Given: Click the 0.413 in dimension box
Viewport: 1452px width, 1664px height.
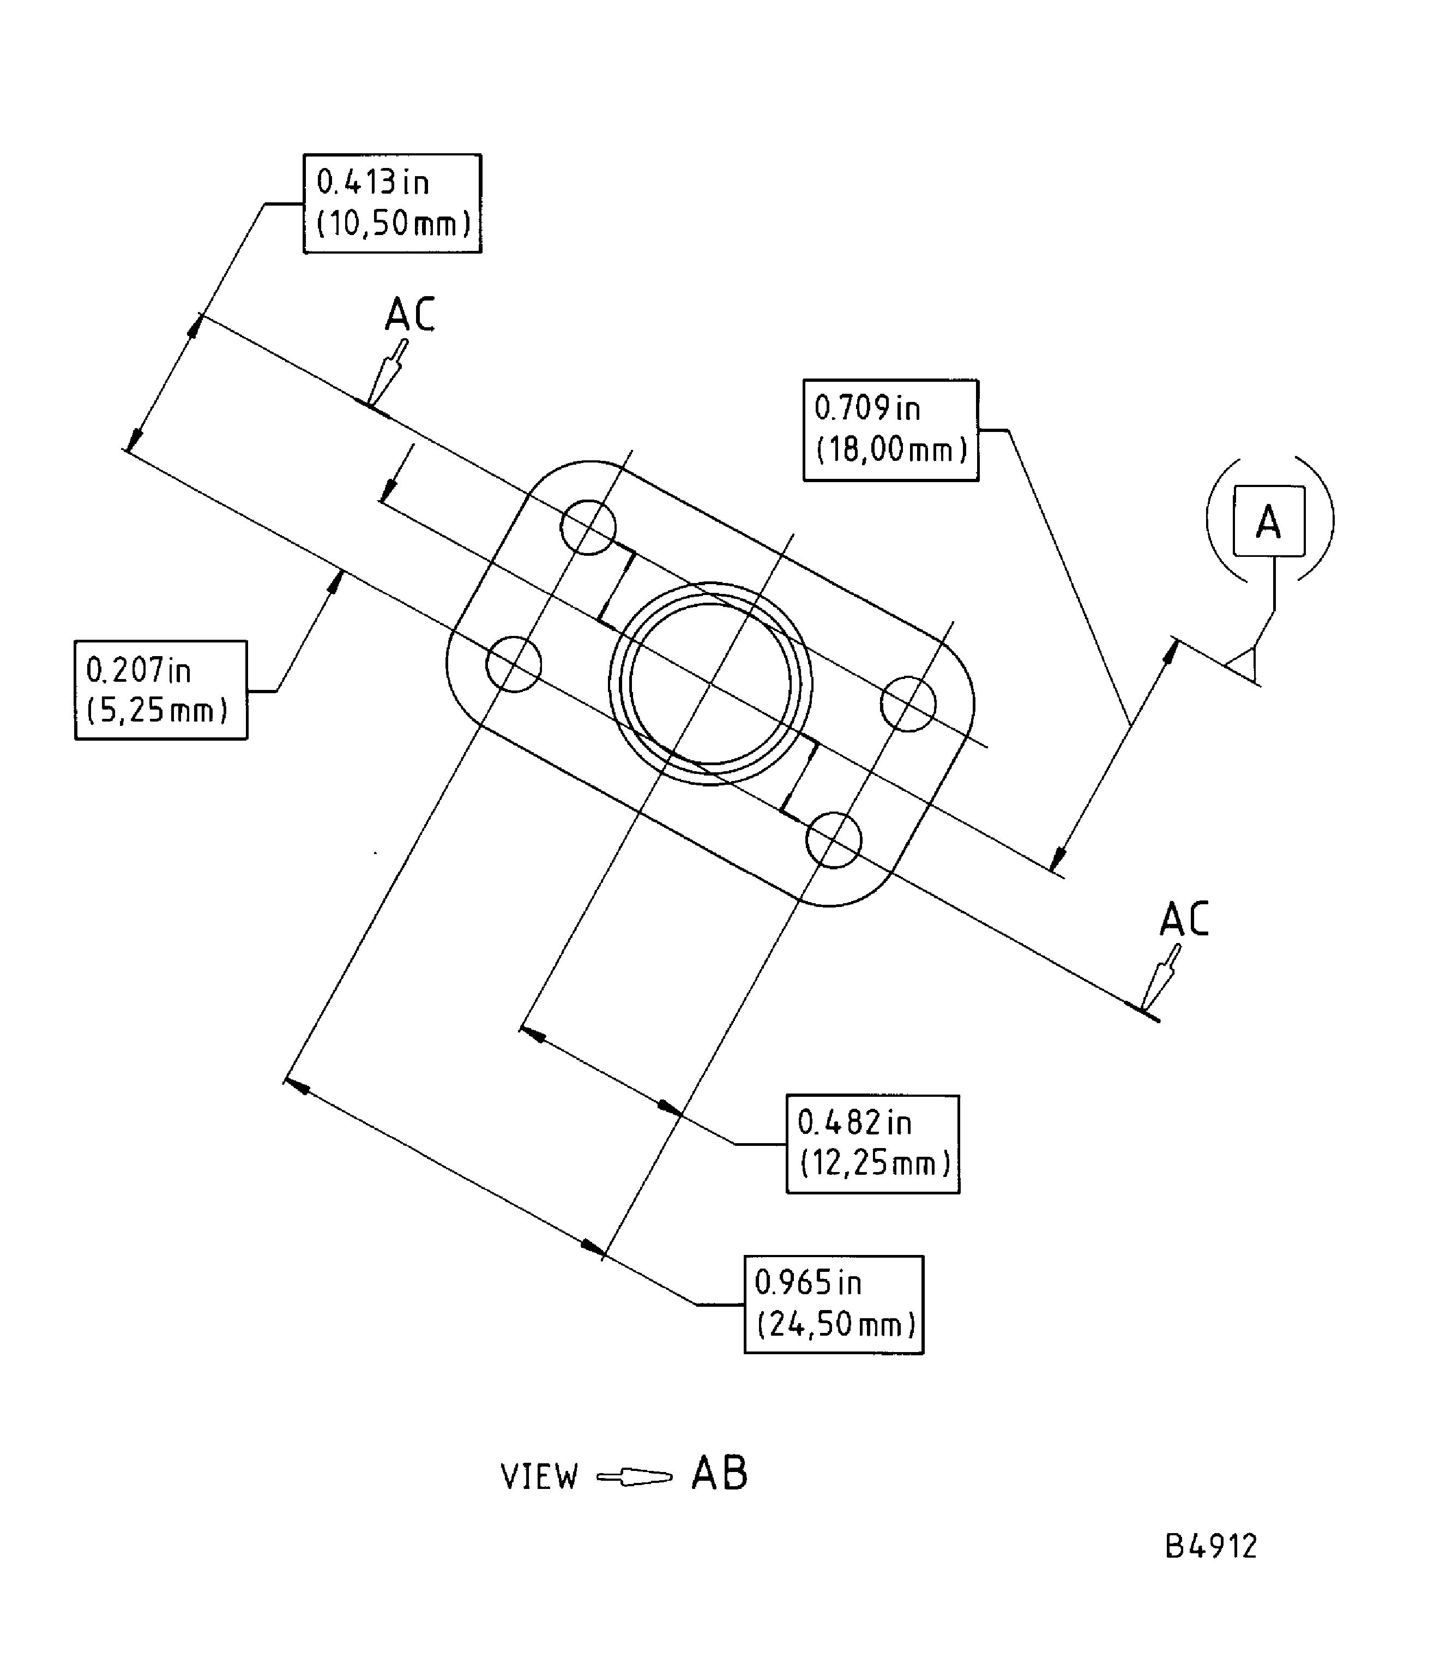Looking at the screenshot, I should tap(392, 203).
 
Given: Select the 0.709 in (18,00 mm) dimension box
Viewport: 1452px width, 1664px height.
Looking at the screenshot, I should tap(890, 430).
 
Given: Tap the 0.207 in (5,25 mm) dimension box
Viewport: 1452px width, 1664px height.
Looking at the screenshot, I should tap(160, 690).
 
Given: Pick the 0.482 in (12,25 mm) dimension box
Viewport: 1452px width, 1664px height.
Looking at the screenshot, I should tap(872, 1144).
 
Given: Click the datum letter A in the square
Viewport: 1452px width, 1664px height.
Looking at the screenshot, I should tap(1269, 521).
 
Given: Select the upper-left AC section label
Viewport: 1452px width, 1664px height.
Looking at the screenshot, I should tap(410, 315).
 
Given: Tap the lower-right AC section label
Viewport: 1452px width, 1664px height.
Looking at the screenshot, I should tap(1184, 919).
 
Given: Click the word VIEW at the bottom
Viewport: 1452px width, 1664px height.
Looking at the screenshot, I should tap(540, 1477).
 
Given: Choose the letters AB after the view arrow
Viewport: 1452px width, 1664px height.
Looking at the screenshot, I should tap(720, 1474).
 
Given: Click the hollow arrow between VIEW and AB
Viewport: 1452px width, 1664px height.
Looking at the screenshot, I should tap(635, 1477).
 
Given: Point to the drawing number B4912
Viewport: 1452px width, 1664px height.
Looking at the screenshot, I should tap(1210, 1547).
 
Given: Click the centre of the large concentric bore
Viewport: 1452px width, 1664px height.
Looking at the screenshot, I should tap(710, 683).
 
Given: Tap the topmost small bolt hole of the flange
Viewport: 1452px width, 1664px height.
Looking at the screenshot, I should tap(588, 527).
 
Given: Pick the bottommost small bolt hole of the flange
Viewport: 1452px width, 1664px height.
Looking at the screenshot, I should tap(834, 840).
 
